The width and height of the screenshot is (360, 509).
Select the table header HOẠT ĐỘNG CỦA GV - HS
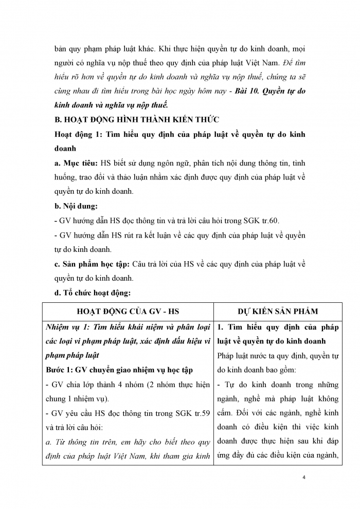tap(128, 311)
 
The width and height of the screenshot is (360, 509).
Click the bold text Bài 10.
tap(247, 91)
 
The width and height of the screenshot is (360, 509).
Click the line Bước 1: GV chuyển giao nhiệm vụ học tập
tap(126, 370)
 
